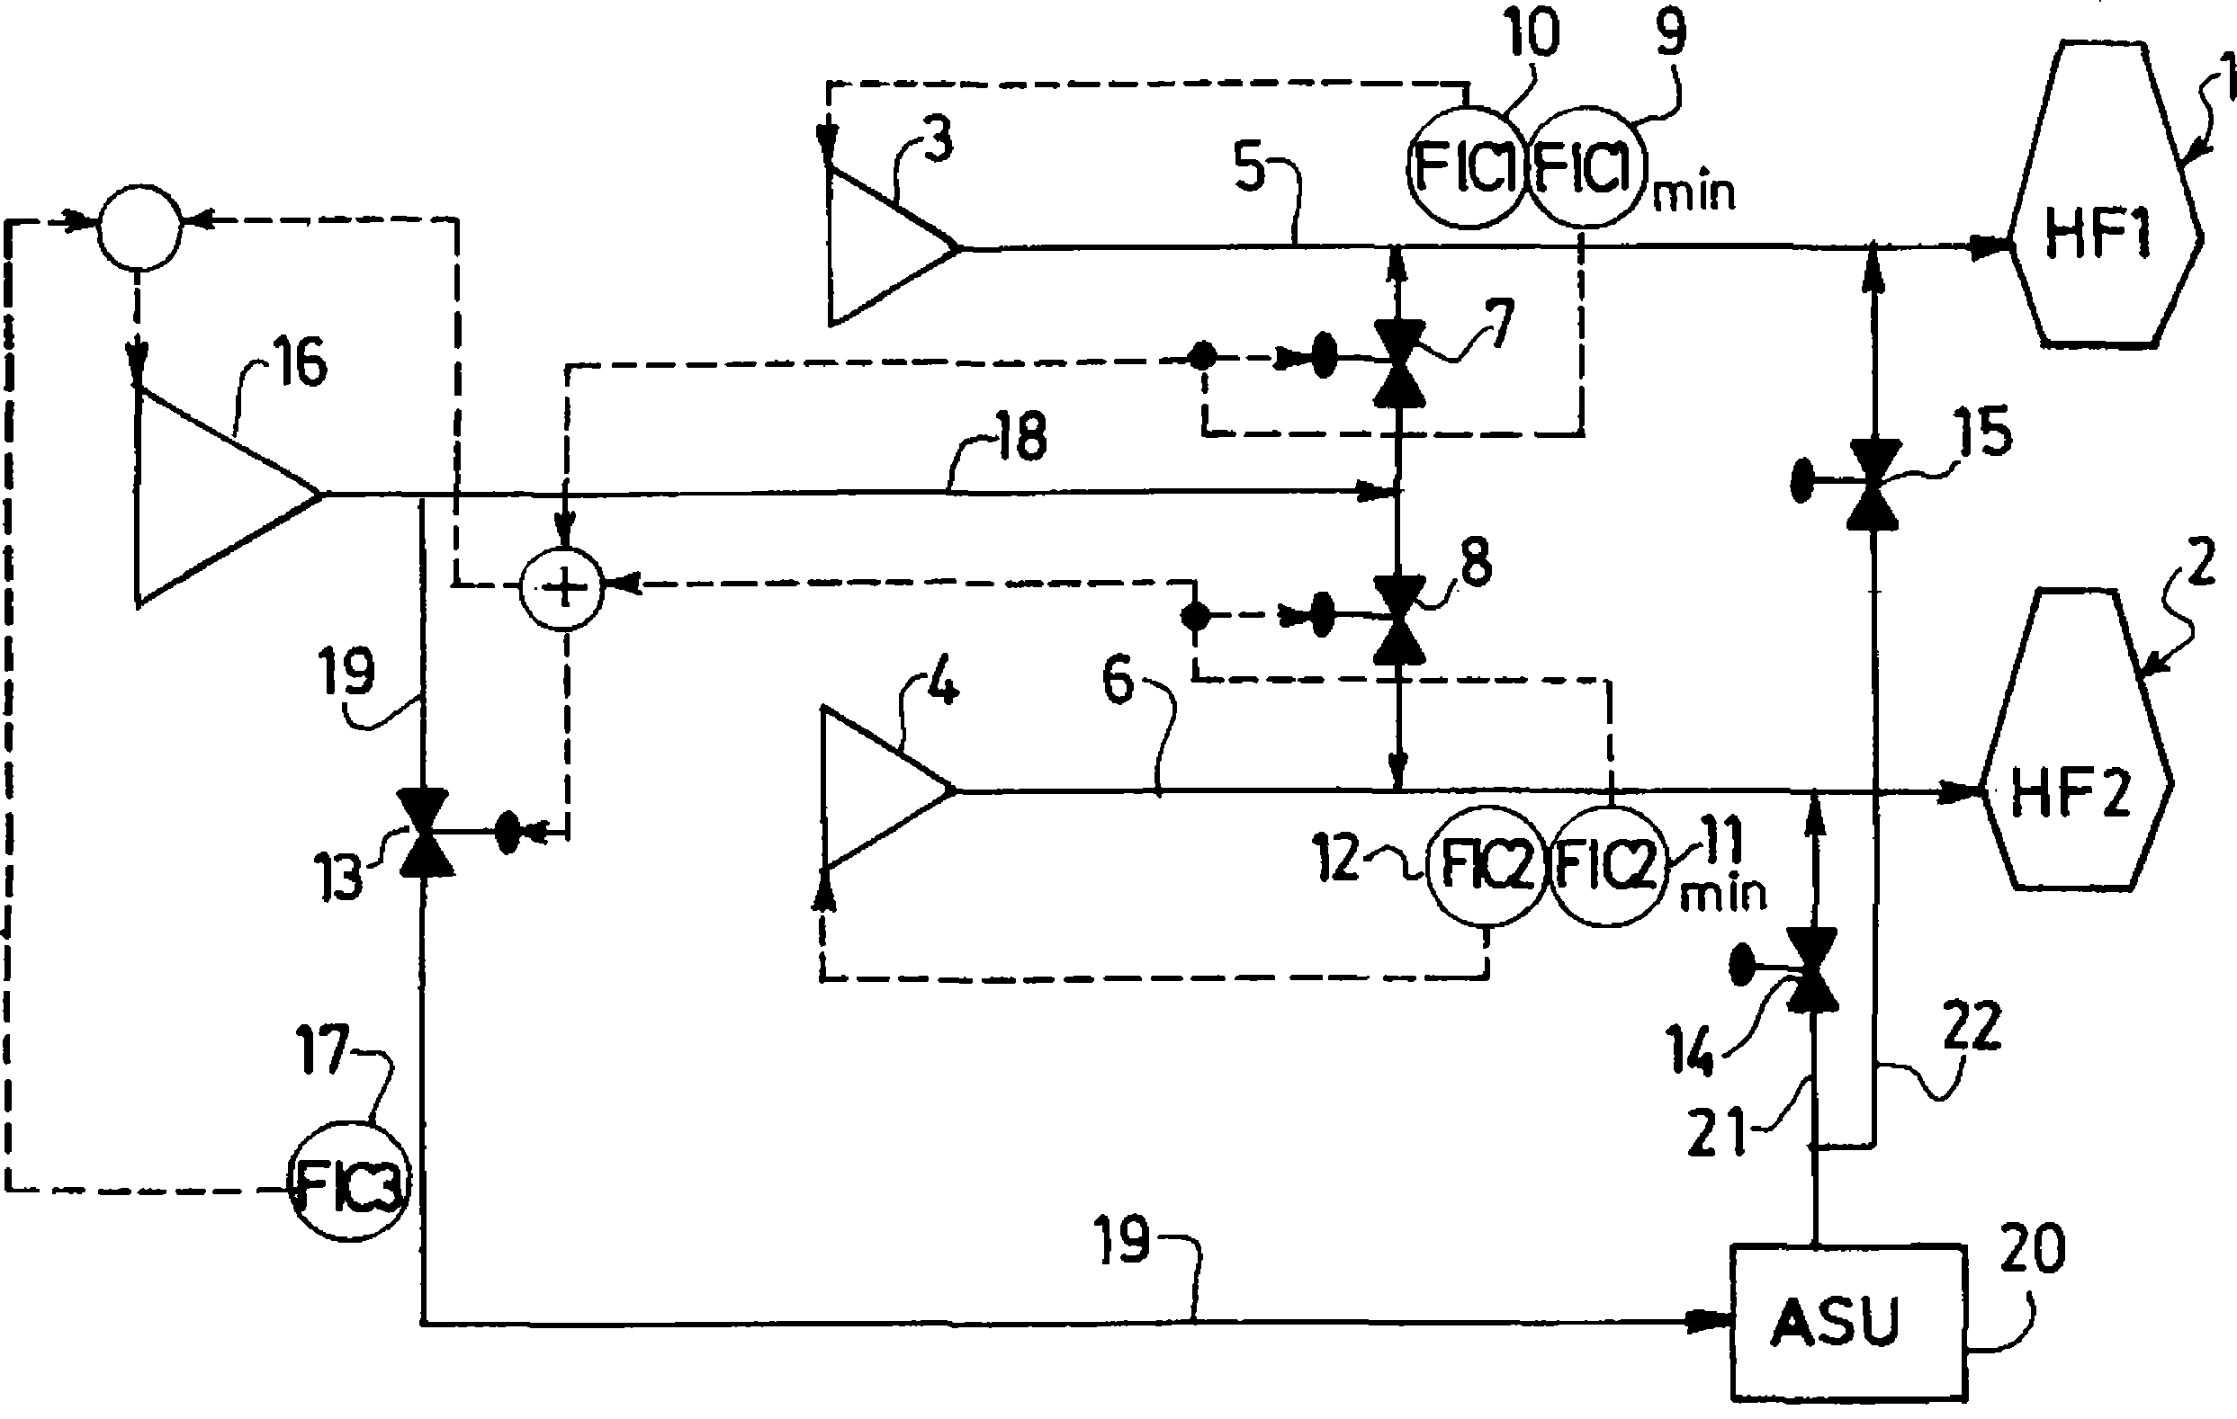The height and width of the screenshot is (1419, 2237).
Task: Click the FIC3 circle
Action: coord(347,1183)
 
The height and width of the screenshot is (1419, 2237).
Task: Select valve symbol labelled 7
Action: coord(1399,362)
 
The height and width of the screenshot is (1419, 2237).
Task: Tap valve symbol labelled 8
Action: coord(1399,619)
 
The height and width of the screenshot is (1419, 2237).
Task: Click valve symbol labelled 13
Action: coord(425,833)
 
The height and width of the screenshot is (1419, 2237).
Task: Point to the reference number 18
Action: coord(1021,436)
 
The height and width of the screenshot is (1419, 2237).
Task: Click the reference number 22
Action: coord(1972,1028)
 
